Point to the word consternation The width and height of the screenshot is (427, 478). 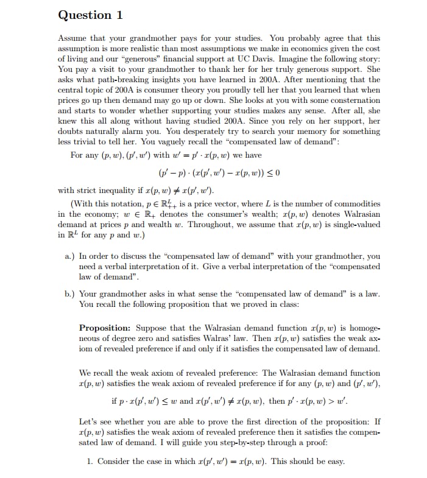click(x=351, y=100)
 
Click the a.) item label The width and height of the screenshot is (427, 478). click(x=69, y=256)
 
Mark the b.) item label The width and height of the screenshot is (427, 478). click(x=69, y=293)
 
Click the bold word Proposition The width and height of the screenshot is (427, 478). click(x=104, y=328)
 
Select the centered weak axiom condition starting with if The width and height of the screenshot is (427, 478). click(x=231, y=402)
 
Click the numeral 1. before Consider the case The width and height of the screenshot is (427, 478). click(x=90, y=461)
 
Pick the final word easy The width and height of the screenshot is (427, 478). click(x=335, y=461)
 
